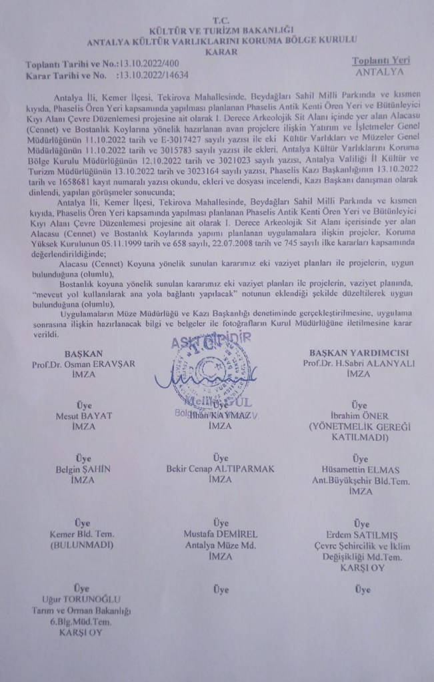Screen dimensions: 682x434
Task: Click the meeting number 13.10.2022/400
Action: [x=151, y=64]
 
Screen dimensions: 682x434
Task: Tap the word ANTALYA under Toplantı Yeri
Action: [x=381, y=71]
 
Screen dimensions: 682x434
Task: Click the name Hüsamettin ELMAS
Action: [x=359, y=469]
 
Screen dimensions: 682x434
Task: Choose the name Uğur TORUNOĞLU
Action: [x=82, y=600]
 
